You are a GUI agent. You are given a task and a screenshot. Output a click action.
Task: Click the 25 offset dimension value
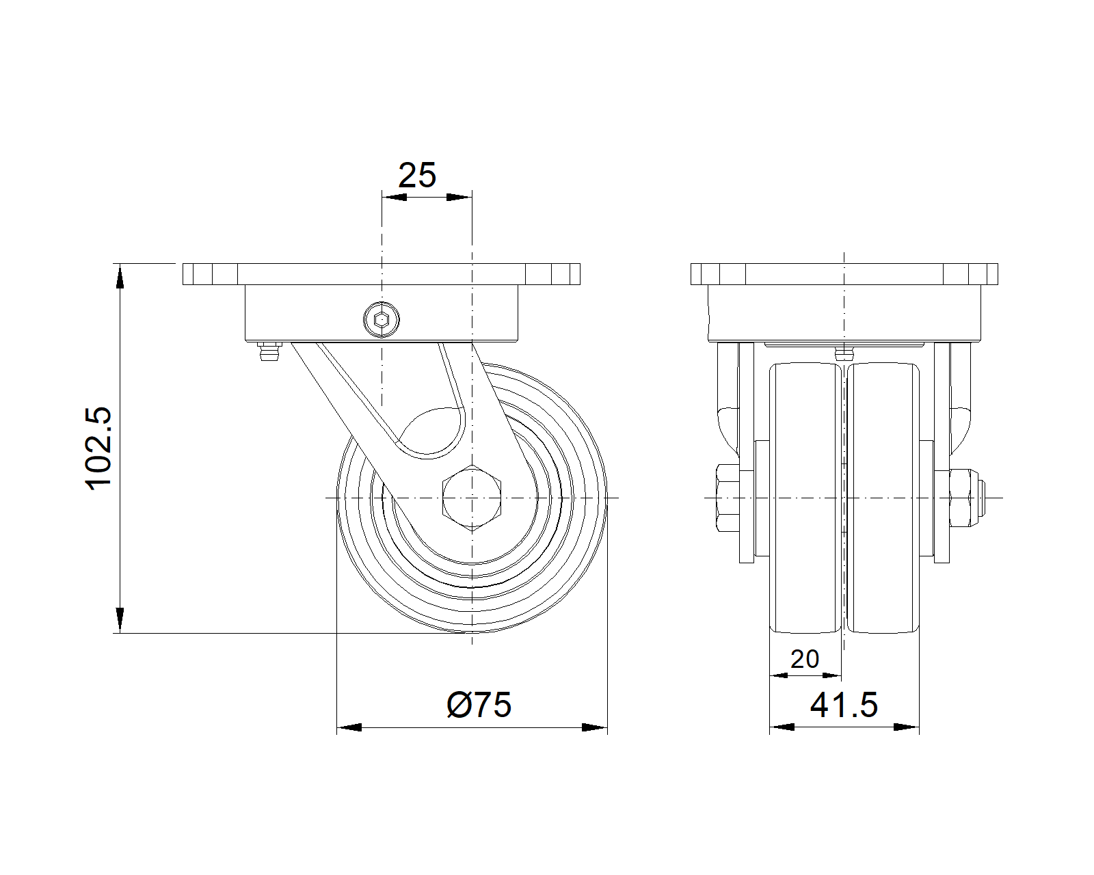click(417, 176)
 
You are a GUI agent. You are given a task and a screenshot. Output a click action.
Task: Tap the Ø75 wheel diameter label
click(479, 705)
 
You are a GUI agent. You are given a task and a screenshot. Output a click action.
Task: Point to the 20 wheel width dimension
click(804, 659)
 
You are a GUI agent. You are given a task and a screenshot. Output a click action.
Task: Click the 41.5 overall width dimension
click(844, 705)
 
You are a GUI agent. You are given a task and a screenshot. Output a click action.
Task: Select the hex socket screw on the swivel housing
click(381, 319)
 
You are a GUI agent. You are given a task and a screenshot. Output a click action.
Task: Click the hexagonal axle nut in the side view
click(472, 497)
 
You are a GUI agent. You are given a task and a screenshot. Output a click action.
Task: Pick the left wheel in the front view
click(805, 498)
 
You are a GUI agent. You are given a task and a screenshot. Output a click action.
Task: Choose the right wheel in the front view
click(883, 498)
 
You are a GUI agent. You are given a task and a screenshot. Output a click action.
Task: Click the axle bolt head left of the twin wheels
click(729, 498)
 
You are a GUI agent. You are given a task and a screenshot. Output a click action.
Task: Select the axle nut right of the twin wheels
click(964, 498)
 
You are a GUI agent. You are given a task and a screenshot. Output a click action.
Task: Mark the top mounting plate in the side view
click(381, 274)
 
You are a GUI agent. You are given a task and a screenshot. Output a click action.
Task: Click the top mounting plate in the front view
click(844, 274)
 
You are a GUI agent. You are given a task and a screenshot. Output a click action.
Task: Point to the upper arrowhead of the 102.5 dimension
click(120, 276)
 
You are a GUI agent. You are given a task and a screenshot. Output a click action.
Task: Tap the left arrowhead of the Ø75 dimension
click(349, 727)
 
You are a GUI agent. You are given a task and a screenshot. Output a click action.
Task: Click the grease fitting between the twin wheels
click(845, 353)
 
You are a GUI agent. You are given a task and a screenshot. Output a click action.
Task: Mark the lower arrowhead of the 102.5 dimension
click(120, 620)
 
